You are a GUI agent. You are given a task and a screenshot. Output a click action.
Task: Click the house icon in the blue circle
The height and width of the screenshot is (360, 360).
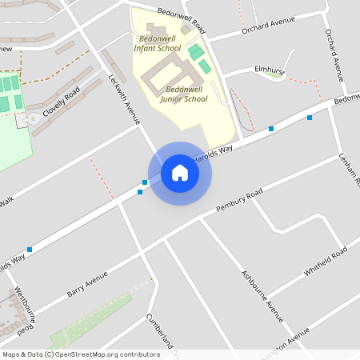pos(179,172)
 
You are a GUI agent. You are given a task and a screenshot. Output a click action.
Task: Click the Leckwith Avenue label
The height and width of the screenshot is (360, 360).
pos(124,99)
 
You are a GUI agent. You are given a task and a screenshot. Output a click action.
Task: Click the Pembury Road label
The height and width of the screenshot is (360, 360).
pos(239,202)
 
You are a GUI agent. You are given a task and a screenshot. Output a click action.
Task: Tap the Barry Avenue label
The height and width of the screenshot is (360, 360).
pos(87,283)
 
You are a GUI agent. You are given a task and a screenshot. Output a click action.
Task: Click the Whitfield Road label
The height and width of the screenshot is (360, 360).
pos(326,262)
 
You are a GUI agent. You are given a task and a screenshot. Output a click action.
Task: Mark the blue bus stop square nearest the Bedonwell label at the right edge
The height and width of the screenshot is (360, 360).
pos(310,118)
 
